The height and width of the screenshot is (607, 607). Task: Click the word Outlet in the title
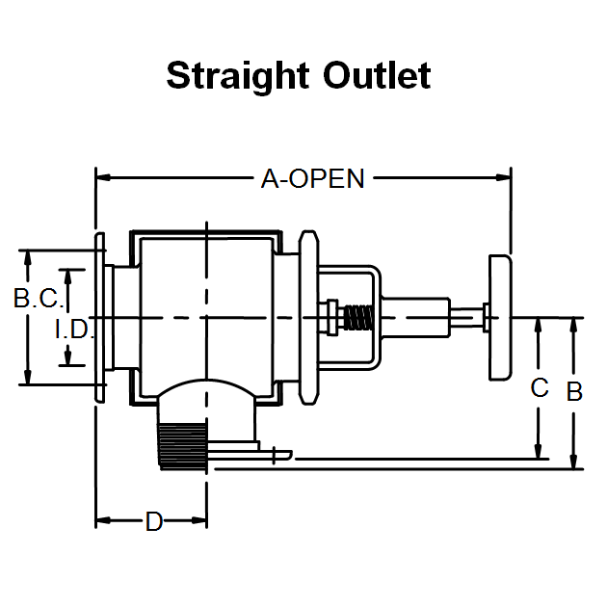pyautogui.click(x=376, y=75)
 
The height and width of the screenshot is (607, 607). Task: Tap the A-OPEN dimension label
pyautogui.click(x=312, y=178)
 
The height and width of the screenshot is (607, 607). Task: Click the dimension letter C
pyautogui.click(x=540, y=388)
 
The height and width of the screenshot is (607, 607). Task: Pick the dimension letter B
pyautogui.click(x=574, y=392)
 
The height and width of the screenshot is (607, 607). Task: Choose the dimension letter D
pyautogui.click(x=153, y=522)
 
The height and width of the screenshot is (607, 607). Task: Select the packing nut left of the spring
pyautogui.click(x=331, y=317)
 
